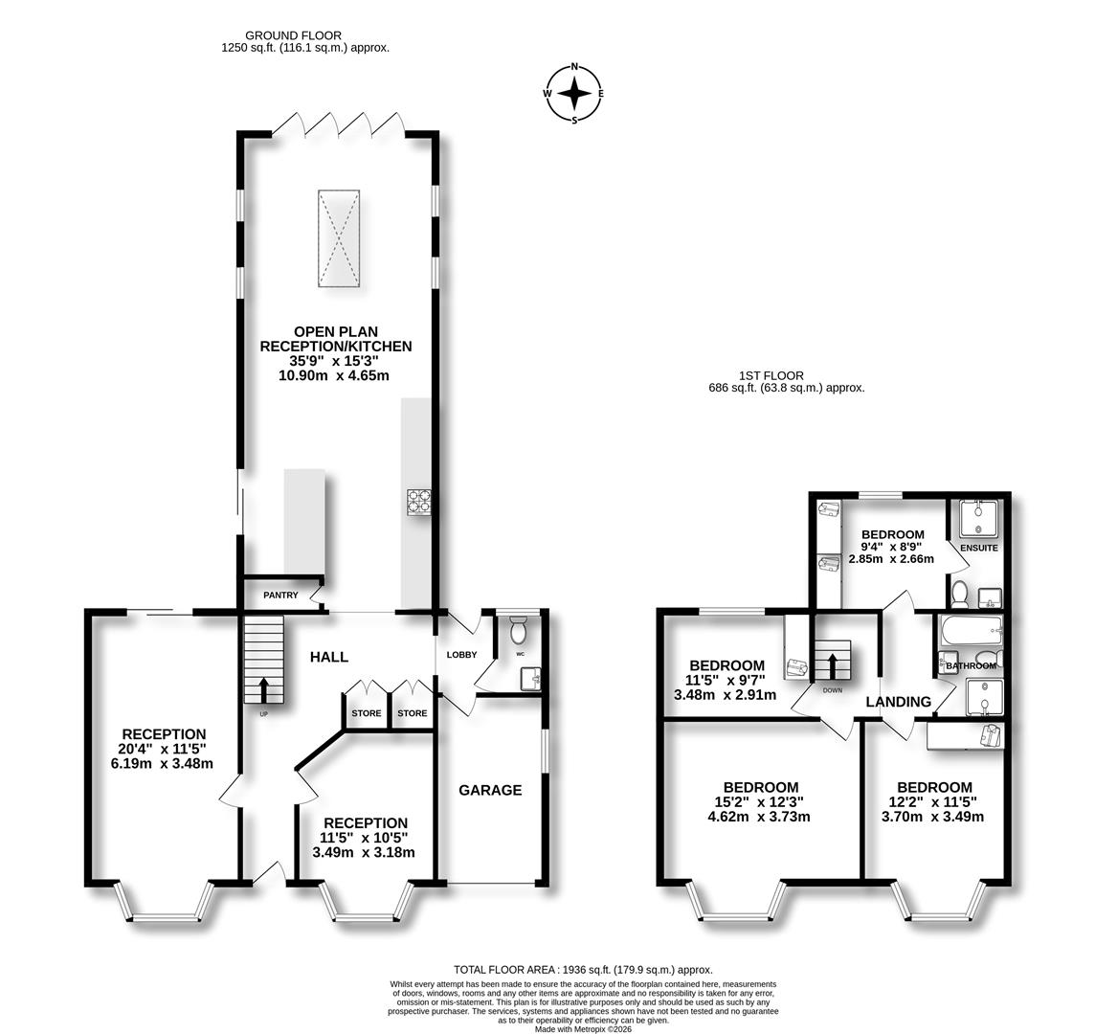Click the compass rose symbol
574,94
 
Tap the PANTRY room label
280,596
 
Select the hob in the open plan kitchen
419,502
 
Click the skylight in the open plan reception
339,237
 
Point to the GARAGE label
490,790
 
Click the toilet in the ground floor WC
518,629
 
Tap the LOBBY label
461,655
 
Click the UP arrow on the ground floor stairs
264,689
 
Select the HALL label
329,657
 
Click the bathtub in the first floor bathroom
972,631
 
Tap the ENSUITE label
978,549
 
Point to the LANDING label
899,702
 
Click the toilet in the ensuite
959,594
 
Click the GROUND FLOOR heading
293,34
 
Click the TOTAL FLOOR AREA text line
583,970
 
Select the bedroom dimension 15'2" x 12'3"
761,802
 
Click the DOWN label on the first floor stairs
833,690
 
